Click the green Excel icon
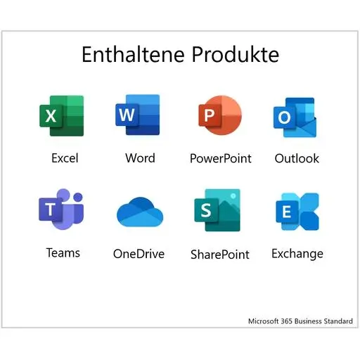[x=62, y=116]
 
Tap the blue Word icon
[x=138, y=115]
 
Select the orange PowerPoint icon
[x=220, y=115]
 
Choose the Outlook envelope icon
[x=295, y=117]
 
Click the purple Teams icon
[x=61, y=209]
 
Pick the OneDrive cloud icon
[x=140, y=212]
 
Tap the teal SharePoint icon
[x=217, y=210]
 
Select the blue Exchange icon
[x=297, y=212]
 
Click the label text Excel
[x=65, y=158]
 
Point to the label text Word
[x=140, y=157]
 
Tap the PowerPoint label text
[x=221, y=158]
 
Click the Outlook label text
[x=297, y=158]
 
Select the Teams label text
[x=63, y=252]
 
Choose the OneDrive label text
[x=139, y=254]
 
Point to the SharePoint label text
[x=220, y=255]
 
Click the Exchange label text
[x=297, y=254]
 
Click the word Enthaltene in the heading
[x=133, y=54]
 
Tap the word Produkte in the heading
[x=236, y=54]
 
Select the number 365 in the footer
[x=286, y=321]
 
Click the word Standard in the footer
[x=338, y=321]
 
